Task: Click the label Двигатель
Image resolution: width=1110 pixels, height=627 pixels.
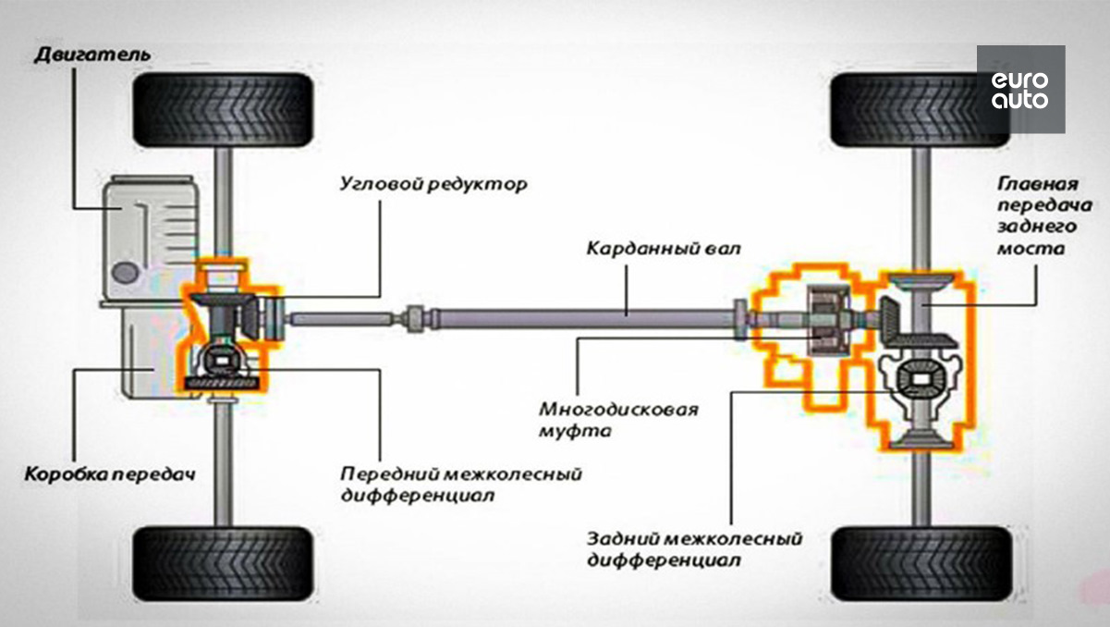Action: [92, 55]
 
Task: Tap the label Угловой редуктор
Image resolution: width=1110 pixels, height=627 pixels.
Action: [433, 184]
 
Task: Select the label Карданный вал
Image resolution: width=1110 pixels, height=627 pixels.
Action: [664, 249]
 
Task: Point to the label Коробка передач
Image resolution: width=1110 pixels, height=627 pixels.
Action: [110, 474]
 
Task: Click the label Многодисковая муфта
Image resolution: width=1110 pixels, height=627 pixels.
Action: [618, 421]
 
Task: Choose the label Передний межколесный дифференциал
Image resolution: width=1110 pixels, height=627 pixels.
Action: [461, 485]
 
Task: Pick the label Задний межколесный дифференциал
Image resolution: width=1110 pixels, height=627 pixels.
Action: [695, 549]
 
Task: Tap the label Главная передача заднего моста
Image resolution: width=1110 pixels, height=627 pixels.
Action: [1044, 216]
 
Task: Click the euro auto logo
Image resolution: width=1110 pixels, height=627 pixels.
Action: [1020, 90]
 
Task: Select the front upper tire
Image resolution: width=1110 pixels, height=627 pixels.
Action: [223, 110]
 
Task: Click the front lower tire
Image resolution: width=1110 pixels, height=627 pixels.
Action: [223, 564]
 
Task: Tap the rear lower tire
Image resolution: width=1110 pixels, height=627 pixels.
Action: [921, 564]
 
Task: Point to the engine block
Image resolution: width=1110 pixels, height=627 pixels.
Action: [150, 238]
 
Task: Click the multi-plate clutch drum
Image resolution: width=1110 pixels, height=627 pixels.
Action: [828, 320]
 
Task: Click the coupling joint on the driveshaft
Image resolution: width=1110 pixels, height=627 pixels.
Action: [415, 319]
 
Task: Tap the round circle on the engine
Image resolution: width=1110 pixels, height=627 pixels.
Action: [126, 273]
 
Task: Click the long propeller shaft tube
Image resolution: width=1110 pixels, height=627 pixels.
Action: [584, 318]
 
